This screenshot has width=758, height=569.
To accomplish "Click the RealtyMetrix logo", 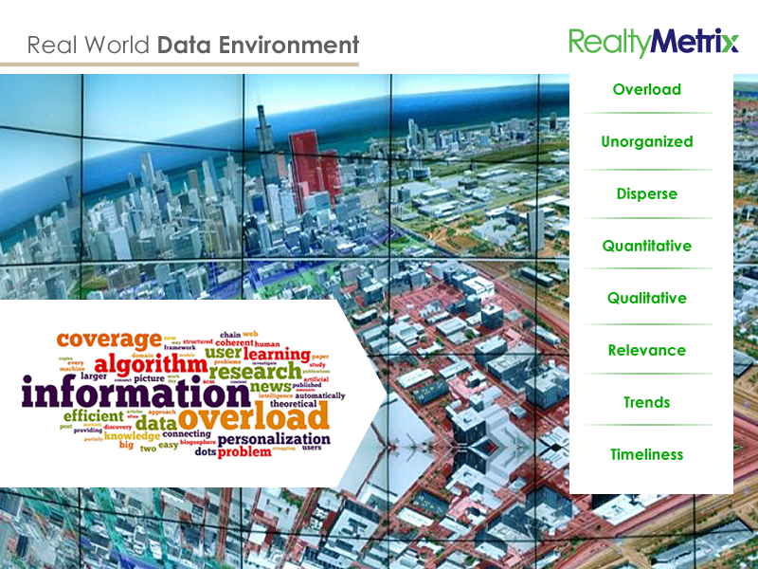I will [653, 42].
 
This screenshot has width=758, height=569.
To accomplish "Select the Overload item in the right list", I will [646, 89].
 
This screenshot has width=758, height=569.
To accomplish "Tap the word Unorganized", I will [646, 141].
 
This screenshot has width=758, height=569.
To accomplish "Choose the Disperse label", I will [646, 193].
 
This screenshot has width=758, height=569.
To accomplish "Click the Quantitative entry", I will [646, 246].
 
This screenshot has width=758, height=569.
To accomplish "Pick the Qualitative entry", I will [646, 298].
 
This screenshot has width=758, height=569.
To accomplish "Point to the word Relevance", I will [646, 350].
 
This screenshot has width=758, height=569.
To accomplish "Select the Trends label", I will [646, 402].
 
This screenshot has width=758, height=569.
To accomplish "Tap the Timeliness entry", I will [646, 454].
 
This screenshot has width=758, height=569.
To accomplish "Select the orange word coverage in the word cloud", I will [109, 339].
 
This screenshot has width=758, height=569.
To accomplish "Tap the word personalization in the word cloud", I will [274, 439].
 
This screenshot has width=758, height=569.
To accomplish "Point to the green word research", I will [255, 370].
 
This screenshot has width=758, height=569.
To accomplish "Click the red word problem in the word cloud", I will [244, 452].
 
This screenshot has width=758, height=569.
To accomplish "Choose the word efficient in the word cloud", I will [93, 415].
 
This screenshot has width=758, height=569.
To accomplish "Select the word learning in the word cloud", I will [278, 354].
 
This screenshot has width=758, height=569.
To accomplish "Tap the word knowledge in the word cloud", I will [132, 436].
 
